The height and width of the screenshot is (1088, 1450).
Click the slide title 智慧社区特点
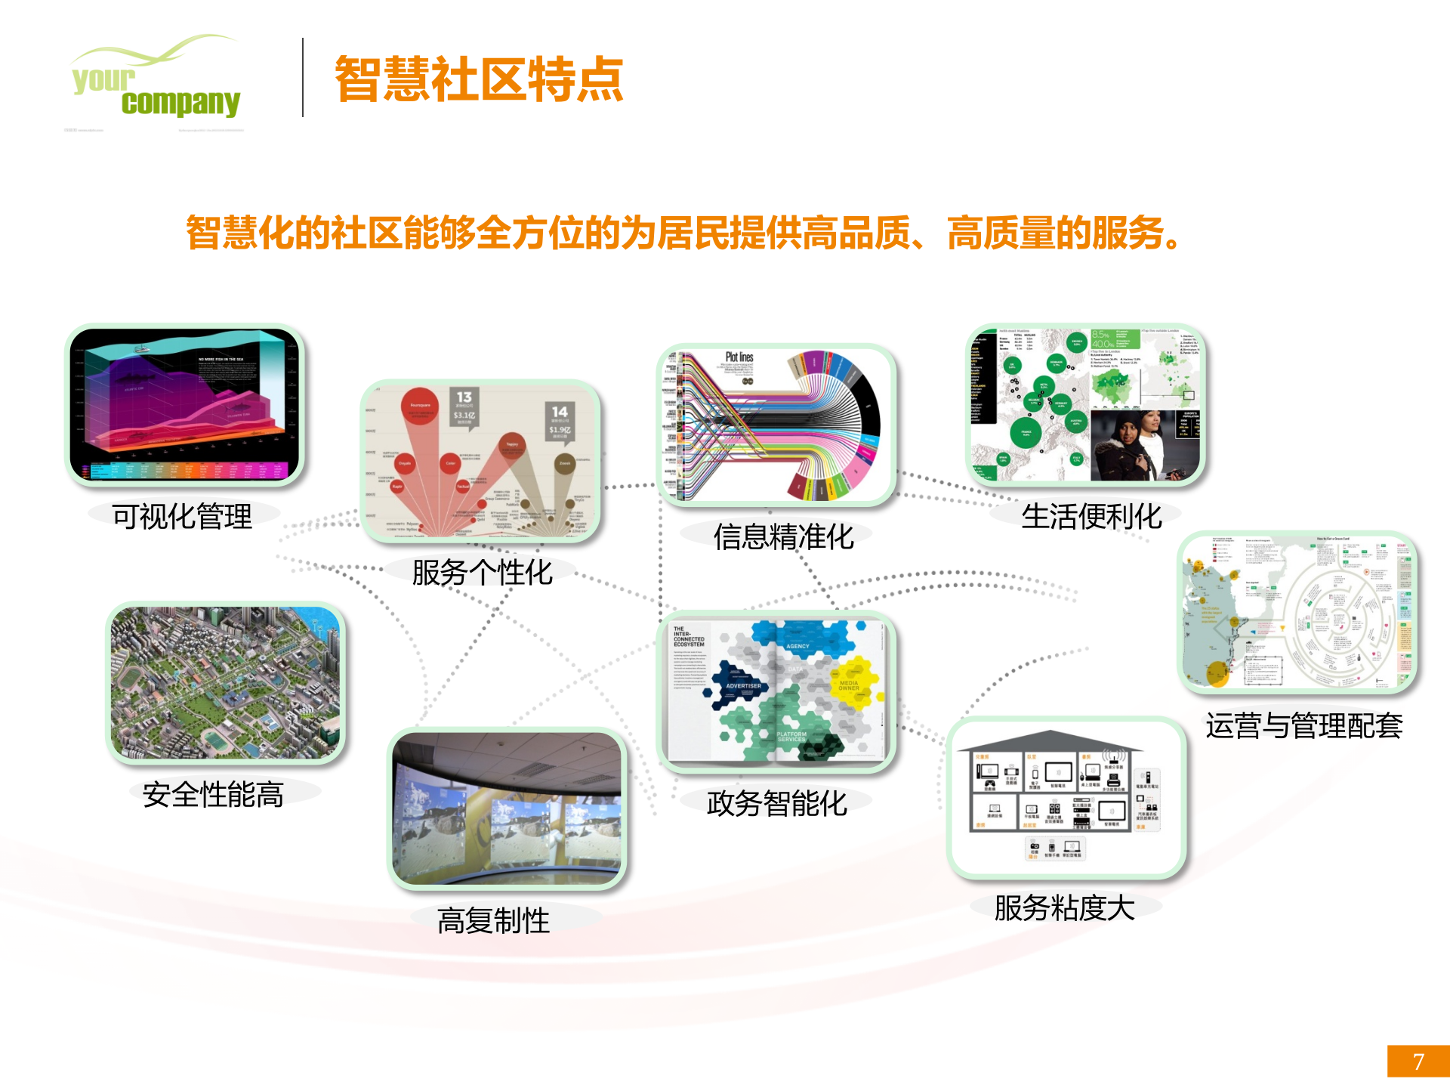[x=479, y=79]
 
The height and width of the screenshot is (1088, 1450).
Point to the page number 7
[x=1418, y=1062]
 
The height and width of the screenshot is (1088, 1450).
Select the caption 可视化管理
[x=182, y=517]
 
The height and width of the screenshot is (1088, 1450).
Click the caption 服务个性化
[x=482, y=573]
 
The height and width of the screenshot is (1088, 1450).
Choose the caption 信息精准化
[x=783, y=537]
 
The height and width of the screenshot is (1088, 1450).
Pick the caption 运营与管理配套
[x=1303, y=726]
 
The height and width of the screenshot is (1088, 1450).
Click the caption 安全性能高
[x=213, y=795]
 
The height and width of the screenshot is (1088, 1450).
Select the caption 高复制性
[x=493, y=921]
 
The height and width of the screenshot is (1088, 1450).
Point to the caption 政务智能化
[x=776, y=804]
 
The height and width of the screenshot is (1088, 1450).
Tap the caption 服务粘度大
[x=1064, y=908]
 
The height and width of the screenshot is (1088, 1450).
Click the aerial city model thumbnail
[x=226, y=683]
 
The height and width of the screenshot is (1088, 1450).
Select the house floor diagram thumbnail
[x=1066, y=797]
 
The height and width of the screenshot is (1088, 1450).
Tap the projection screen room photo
[x=507, y=809]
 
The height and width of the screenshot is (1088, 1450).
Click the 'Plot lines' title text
[x=739, y=357]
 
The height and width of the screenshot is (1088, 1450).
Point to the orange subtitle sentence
[x=683, y=233]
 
